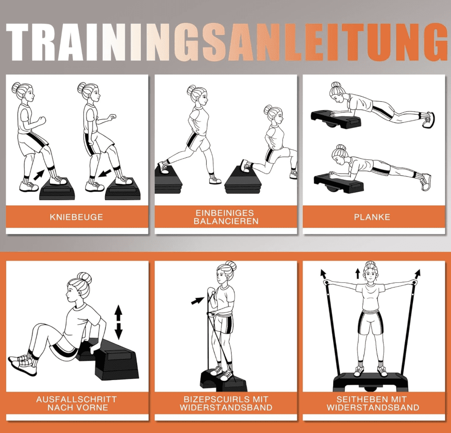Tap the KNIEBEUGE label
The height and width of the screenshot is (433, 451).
(x=76, y=217)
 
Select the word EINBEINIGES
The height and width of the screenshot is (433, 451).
(x=225, y=213)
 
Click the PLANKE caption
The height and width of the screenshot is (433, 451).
(x=372, y=217)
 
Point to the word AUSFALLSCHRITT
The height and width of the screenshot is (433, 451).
(x=76, y=399)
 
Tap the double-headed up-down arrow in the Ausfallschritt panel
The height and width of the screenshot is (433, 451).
(x=119, y=322)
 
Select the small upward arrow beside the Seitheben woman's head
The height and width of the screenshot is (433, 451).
(x=357, y=273)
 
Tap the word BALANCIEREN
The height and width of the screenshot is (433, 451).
(x=226, y=221)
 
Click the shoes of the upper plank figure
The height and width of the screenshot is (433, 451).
(x=429, y=119)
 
